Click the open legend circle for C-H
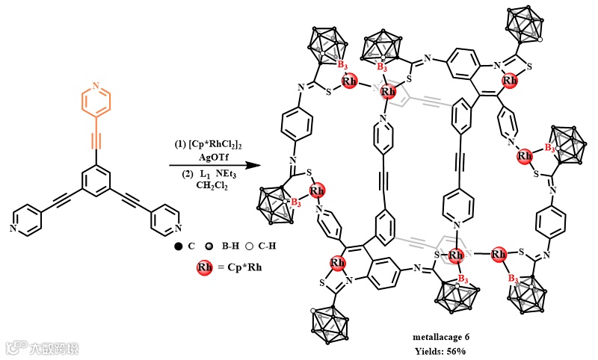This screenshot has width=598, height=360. tap(245, 243)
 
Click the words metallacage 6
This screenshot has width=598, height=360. tap(441, 338)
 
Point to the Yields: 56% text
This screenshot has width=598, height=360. tap(441, 350)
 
